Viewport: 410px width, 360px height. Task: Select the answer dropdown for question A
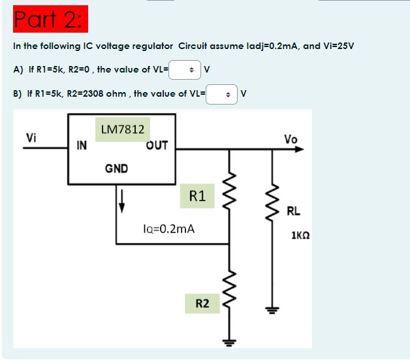[185, 69]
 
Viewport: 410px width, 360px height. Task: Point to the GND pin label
[116, 169]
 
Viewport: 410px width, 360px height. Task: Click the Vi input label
[31, 137]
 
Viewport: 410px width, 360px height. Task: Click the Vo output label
[291, 139]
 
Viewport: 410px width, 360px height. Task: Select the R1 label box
[197, 195]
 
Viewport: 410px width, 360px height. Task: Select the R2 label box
[202, 303]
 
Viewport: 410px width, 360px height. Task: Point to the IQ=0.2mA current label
[168, 229]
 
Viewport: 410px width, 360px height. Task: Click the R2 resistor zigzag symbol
[229, 291]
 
